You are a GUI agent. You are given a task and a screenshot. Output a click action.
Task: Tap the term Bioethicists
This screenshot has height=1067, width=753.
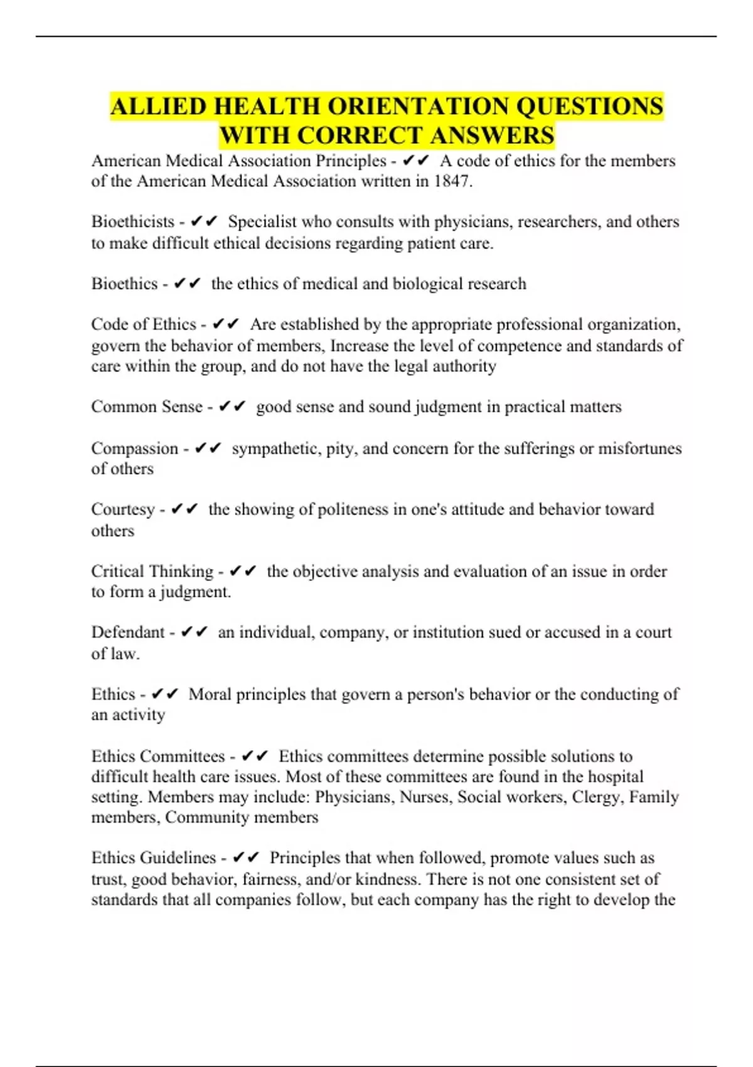[x=132, y=222]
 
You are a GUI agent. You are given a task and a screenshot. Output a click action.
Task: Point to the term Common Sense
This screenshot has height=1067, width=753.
[x=146, y=407]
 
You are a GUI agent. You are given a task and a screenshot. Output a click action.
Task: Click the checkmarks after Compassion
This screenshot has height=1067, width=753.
[x=208, y=448]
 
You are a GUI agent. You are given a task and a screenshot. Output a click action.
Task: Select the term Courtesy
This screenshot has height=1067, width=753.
[x=122, y=509]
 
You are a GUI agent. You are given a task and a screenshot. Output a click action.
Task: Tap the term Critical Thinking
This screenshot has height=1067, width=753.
[x=152, y=571]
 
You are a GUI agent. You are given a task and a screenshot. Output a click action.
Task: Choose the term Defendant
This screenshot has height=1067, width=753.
[x=127, y=632]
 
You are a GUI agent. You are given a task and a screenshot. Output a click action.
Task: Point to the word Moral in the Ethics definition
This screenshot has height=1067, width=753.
[x=210, y=694]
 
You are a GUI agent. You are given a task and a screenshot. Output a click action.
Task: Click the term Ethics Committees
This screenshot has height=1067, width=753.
[x=158, y=756]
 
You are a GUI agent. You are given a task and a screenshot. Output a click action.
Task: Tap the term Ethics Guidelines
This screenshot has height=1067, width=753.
[x=153, y=858]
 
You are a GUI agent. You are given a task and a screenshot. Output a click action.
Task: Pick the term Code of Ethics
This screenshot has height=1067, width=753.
[x=143, y=324]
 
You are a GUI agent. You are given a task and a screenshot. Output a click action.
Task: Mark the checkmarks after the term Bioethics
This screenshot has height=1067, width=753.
[x=187, y=284]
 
